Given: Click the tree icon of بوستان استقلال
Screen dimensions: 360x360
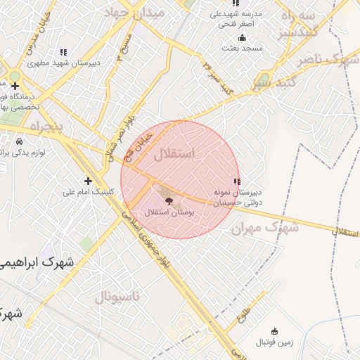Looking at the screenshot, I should pyautogui.click(x=166, y=200).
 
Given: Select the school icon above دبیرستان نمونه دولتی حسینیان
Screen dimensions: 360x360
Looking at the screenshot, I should pyautogui.click(x=237, y=181).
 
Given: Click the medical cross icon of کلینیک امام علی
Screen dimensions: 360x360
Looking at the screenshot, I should pyautogui.click(x=88, y=180).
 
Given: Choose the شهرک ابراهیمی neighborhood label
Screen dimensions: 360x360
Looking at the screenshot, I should pyautogui.click(x=39, y=262).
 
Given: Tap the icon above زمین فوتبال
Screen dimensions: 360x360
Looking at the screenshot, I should pyautogui.click(x=274, y=331).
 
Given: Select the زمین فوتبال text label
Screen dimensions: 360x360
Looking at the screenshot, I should pyautogui.click(x=271, y=342).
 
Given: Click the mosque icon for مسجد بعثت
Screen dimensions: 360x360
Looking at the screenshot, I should pyautogui.click(x=243, y=38).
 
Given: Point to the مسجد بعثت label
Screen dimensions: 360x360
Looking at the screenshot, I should pyautogui.click(x=242, y=49).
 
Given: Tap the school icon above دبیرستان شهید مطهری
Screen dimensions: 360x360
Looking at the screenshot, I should pyautogui.click(x=64, y=52).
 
